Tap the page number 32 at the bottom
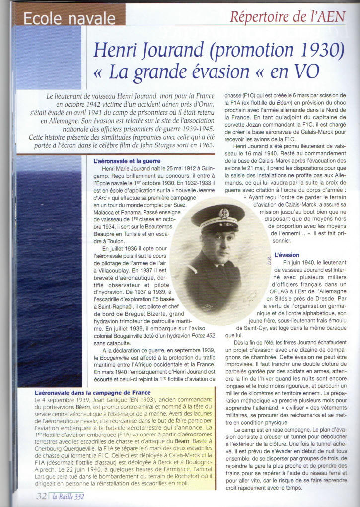click(x=41, y=495)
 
